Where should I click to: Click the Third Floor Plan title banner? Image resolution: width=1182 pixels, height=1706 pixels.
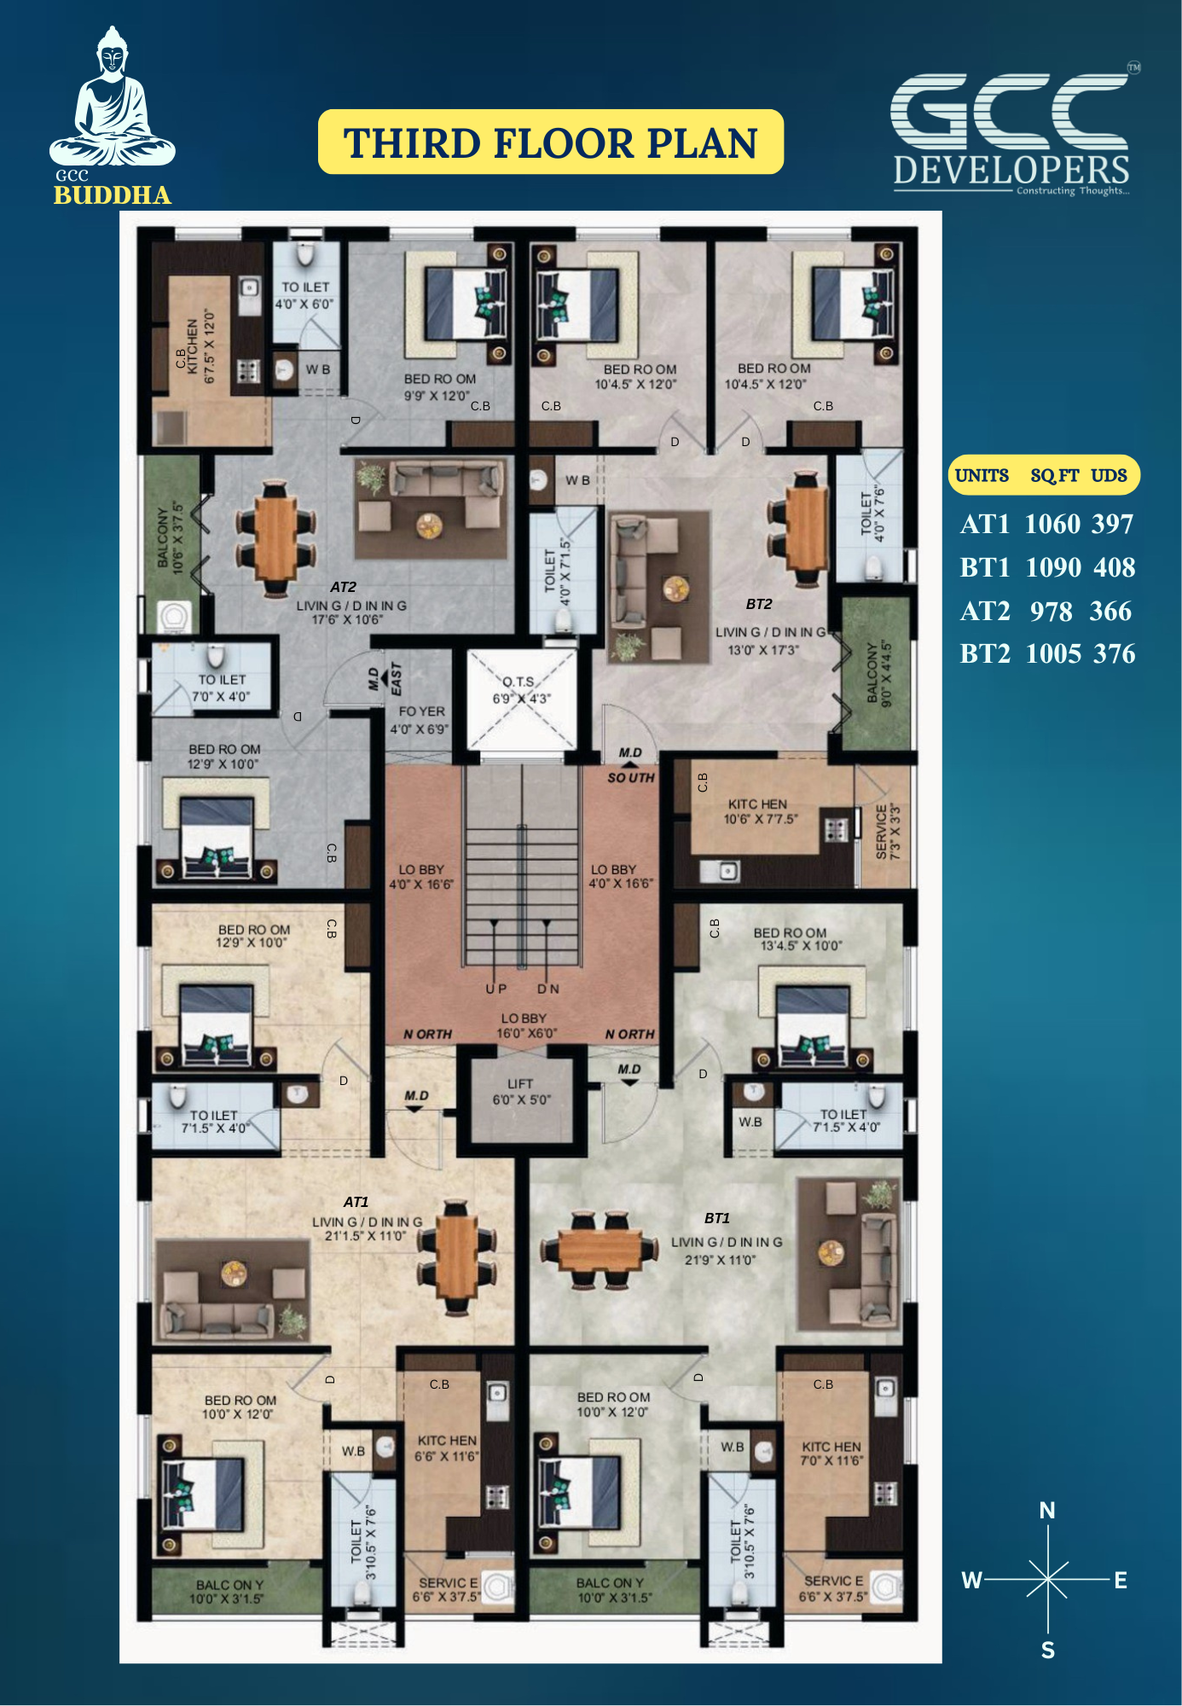coord(551,142)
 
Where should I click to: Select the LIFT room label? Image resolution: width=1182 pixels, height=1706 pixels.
coord(521,1092)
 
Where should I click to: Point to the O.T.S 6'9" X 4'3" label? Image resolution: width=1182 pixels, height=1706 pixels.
coord(521,690)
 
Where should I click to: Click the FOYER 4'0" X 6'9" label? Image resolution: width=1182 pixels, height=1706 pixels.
coord(419,720)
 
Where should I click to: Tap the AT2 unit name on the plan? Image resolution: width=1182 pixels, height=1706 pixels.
coord(343,587)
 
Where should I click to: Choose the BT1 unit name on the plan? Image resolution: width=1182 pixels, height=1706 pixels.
coord(717,1218)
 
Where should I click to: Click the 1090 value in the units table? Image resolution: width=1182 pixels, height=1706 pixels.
coord(1053,567)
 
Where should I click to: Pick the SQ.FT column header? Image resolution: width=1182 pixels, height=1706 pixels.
coord(1055,476)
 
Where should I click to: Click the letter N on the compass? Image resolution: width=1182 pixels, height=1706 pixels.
coord(1047,1511)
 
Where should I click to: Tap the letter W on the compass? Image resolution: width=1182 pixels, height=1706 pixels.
coord(972,1581)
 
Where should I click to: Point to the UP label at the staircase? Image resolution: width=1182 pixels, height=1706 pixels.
coord(496,989)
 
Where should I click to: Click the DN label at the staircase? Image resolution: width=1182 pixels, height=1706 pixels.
coord(548,989)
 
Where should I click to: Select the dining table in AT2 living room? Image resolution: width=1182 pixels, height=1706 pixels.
coord(276,537)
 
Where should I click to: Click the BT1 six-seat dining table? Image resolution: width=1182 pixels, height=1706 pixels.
coord(600,1250)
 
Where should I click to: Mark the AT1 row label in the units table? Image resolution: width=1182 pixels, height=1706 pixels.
coord(985,524)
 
